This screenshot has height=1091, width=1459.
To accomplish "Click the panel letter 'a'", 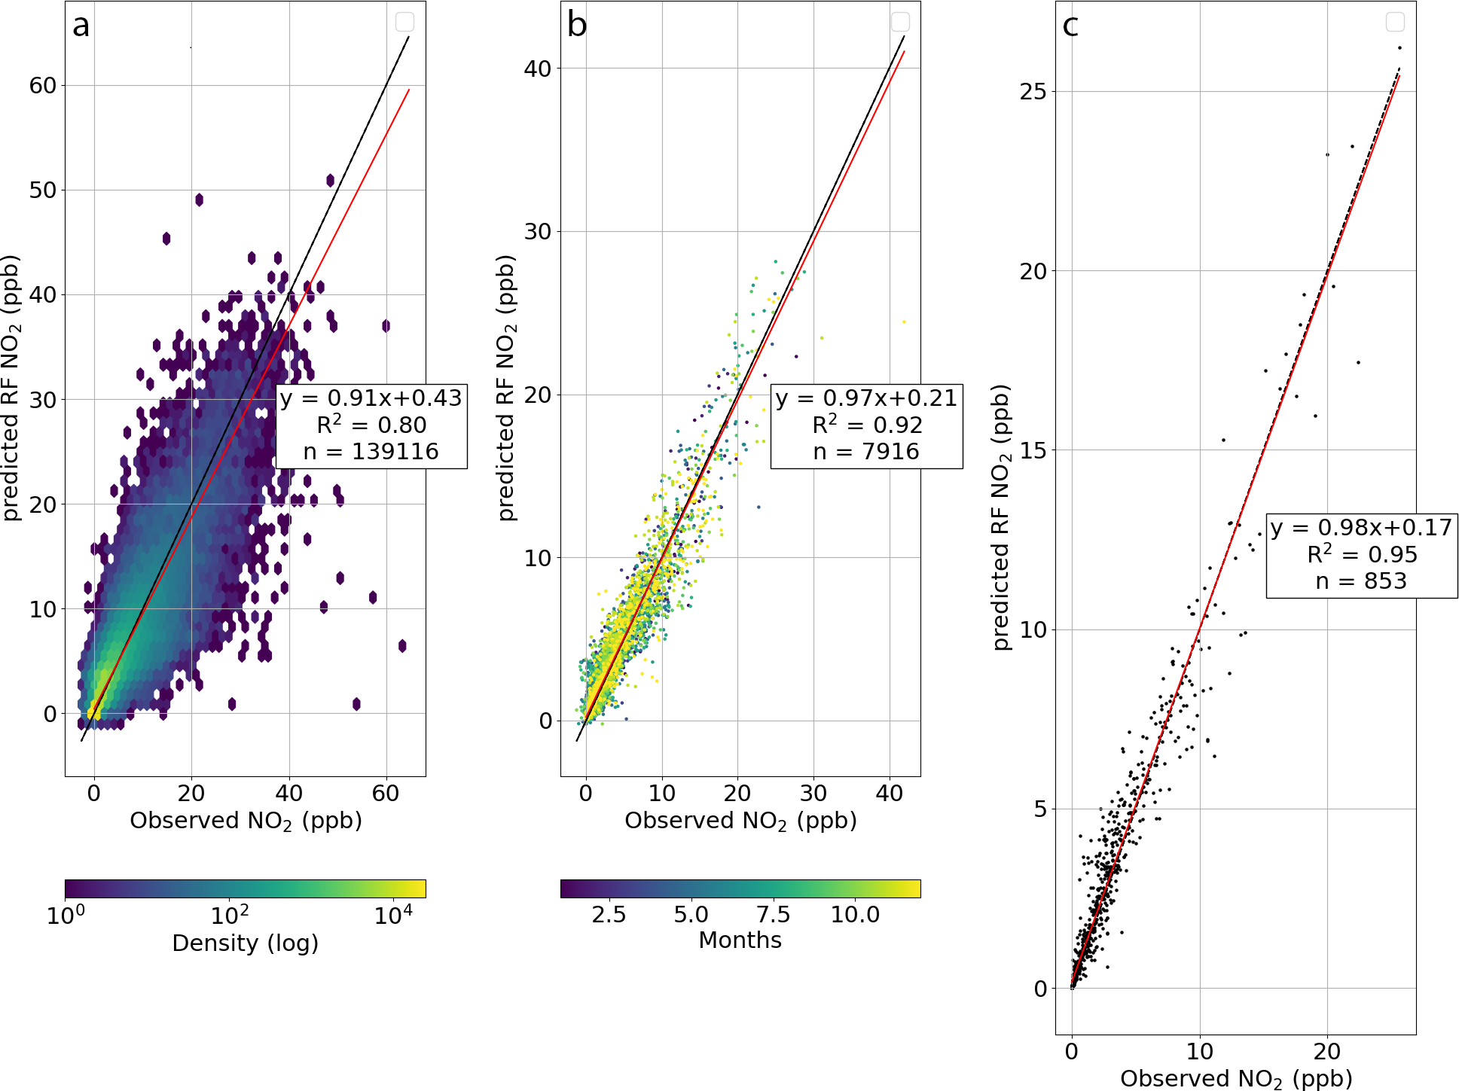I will [81, 26].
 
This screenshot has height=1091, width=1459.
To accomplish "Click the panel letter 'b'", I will [577, 26].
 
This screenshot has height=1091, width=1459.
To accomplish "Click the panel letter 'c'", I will [1070, 26].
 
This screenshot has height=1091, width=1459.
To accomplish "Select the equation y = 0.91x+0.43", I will [371, 398].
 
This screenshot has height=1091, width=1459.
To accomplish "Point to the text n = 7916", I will [866, 452].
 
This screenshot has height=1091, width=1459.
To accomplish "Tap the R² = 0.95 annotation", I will [1362, 555].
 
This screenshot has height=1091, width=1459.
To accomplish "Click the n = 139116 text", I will [371, 452].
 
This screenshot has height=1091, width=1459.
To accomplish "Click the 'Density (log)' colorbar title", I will [245, 943].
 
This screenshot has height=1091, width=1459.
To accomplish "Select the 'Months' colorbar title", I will [740, 940].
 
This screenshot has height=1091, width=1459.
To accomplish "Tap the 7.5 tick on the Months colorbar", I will [773, 915].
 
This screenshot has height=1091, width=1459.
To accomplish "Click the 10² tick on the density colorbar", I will [229, 916].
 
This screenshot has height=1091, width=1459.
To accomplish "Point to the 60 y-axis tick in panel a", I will [43, 86].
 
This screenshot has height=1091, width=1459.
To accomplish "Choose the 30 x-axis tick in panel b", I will [813, 794].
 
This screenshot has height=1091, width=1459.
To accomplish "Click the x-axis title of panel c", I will [1236, 1079].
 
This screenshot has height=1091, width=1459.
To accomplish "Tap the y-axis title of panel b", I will [507, 388].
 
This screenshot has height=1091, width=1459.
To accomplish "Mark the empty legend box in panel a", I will [404, 22].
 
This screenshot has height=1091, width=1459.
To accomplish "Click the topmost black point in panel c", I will [1399, 48].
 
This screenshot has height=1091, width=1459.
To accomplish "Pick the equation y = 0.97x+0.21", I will [866, 398].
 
